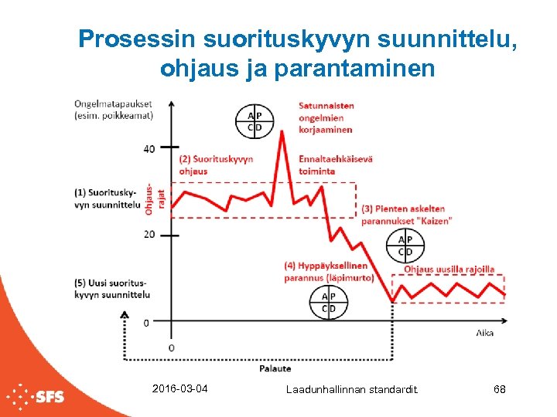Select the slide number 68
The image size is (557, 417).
tap(499, 389)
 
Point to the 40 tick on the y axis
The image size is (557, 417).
tap(149, 148)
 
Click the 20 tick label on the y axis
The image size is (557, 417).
tap(149, 234)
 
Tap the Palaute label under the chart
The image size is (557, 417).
tap(275, 368)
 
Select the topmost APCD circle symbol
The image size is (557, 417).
tap(255, 120)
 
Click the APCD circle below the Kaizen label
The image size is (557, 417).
tap(405, 246)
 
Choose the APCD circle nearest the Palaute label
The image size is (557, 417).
tap(329, 302)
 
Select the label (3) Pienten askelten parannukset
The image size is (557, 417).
tap(406, 215)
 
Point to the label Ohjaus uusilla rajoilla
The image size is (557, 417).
tap(449, 270)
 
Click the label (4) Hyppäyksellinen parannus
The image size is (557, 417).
tap(329, 272)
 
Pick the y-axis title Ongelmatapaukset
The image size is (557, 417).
tap(113, 110)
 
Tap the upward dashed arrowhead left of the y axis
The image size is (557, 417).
tap(125, 314)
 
